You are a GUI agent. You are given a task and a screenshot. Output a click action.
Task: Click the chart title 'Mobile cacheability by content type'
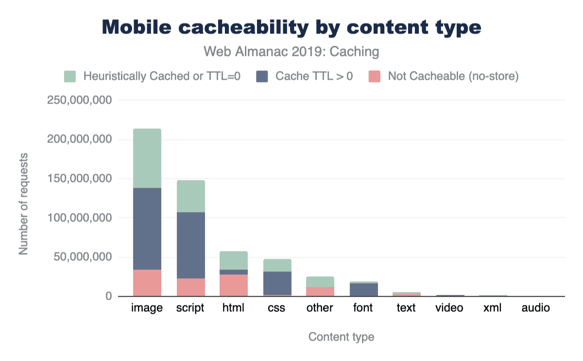click(x=291, y=27)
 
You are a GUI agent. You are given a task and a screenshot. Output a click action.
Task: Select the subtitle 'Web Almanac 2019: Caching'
click(x=291, y=51)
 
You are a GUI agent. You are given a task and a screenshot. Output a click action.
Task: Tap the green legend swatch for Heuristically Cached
click(x=70, y=76)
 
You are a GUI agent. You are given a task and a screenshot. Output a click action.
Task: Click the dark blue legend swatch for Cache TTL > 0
click(x=262, y=76)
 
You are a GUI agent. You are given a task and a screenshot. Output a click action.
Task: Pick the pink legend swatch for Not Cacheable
click(x=375, y=76)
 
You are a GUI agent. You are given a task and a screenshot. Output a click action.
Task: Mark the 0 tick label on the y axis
click(x=108, y=296)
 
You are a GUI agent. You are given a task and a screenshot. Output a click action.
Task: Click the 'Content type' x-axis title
click(x=341, y=337)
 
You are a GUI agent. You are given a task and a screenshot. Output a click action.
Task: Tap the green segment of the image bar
click(x=147, y=158)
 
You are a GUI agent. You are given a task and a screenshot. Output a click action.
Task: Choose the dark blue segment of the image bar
click(x=147, y=229)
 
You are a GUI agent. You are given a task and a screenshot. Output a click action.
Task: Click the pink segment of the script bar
click(x=190, y=287)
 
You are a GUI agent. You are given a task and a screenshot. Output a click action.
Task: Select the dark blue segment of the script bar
click(x=190, y=245)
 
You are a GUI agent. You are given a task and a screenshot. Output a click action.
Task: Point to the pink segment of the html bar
click(x=234, y=285)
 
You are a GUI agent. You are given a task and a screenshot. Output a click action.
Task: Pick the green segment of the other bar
click(x=320, y=282)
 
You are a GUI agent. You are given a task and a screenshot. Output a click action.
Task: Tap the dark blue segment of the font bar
click(x=363, y=289)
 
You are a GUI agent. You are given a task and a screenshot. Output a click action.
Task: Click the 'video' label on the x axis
click(x=449, y=308)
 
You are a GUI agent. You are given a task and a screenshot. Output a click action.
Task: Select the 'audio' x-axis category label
click(x=536, y=308)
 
